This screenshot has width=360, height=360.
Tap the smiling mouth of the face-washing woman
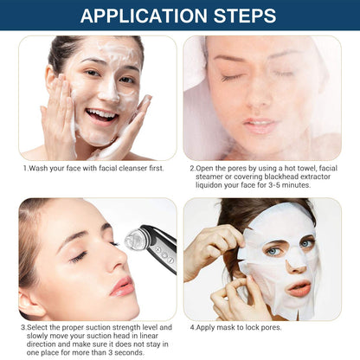pos(101,113)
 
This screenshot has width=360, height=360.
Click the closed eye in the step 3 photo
pos(80,257)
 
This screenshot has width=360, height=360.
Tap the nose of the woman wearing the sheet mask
pos(294,259)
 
